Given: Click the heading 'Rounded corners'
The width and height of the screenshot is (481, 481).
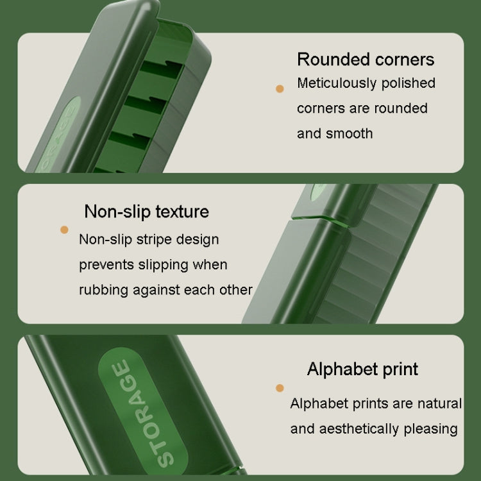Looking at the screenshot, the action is coord(366,59).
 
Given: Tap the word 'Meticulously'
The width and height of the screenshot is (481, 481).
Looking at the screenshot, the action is coord(337,83).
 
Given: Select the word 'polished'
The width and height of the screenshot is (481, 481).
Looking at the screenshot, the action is coord(409,83).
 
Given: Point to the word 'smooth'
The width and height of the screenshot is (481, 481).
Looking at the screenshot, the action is coord(350,134).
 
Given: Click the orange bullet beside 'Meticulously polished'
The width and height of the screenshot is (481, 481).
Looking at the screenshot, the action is coord(280,89).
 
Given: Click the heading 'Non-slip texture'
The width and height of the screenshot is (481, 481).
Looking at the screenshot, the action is coord(147,212).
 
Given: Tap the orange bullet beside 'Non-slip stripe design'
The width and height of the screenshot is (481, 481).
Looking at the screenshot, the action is coord(64,230).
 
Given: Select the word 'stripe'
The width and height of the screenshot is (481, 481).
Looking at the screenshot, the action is coord(154,240).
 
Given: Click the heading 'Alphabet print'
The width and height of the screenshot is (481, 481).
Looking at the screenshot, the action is coord(362,369).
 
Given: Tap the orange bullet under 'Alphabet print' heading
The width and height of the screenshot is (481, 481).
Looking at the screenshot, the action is coord(280,388).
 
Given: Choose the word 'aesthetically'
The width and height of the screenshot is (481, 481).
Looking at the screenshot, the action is coord(359,429).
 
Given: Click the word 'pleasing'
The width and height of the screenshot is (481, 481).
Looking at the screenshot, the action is coord(431,429).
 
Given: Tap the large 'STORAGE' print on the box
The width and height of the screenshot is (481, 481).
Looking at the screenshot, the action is coord(143,413).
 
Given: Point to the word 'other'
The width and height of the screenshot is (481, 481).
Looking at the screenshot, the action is coord(236,290).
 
